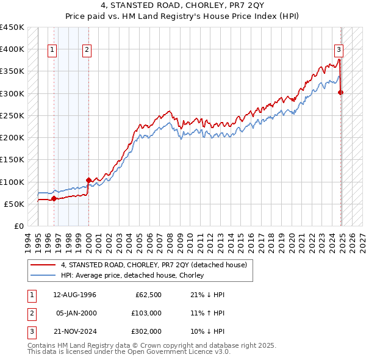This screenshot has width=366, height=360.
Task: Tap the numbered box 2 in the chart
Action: click(x=87, y=51)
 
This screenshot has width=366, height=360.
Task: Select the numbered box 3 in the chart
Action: click(x=339, y=51)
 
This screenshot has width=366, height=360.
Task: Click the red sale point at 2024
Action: click(x=341, y=93)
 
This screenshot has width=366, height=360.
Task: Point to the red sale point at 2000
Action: click(x=89, y=180)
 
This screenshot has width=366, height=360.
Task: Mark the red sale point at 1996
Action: click(x=54, y=198)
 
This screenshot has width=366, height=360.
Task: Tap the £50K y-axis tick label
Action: click(x=14, y=204)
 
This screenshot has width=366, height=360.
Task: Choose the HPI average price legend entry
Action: click(x=132, y=275)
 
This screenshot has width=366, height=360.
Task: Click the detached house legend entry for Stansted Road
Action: click(x=153, y=265)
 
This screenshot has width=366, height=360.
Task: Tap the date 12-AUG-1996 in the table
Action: click(x=74, y=295)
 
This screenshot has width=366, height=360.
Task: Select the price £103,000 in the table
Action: click(x=147, y=312)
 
